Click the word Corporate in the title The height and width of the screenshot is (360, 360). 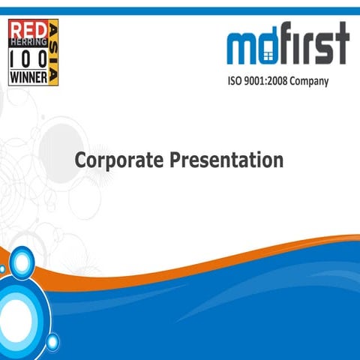click(118, 160)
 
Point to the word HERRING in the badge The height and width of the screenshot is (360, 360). click(28, 43)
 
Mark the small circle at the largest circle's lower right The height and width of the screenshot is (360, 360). click(52, 342)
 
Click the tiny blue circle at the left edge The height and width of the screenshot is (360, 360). click(2, 268)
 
